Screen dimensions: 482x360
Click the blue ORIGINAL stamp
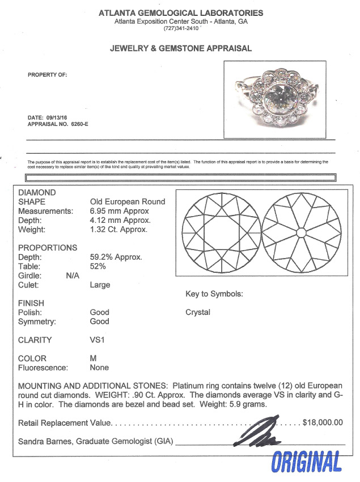307,462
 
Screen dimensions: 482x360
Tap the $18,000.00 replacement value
323,422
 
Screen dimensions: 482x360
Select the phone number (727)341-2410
180,28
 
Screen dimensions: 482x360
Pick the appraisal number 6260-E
79,124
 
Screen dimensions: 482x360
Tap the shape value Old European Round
128,202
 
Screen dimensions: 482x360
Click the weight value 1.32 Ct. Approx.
118,230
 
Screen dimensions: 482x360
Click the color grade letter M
94,358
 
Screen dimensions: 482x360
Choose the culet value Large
100,285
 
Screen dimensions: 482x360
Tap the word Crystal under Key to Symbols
198,312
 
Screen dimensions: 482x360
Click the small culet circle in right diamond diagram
302,233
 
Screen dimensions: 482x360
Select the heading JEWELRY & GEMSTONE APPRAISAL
180,48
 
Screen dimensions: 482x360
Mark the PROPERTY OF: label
48,75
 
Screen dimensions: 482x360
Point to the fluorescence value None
99,367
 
